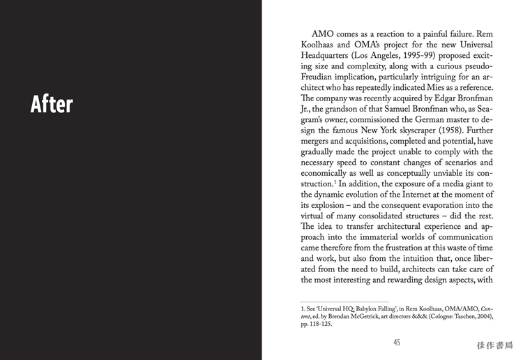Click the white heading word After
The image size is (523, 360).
[52, 104]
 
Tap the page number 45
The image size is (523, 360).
[397, 343]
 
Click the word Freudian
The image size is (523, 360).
[322, 77]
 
